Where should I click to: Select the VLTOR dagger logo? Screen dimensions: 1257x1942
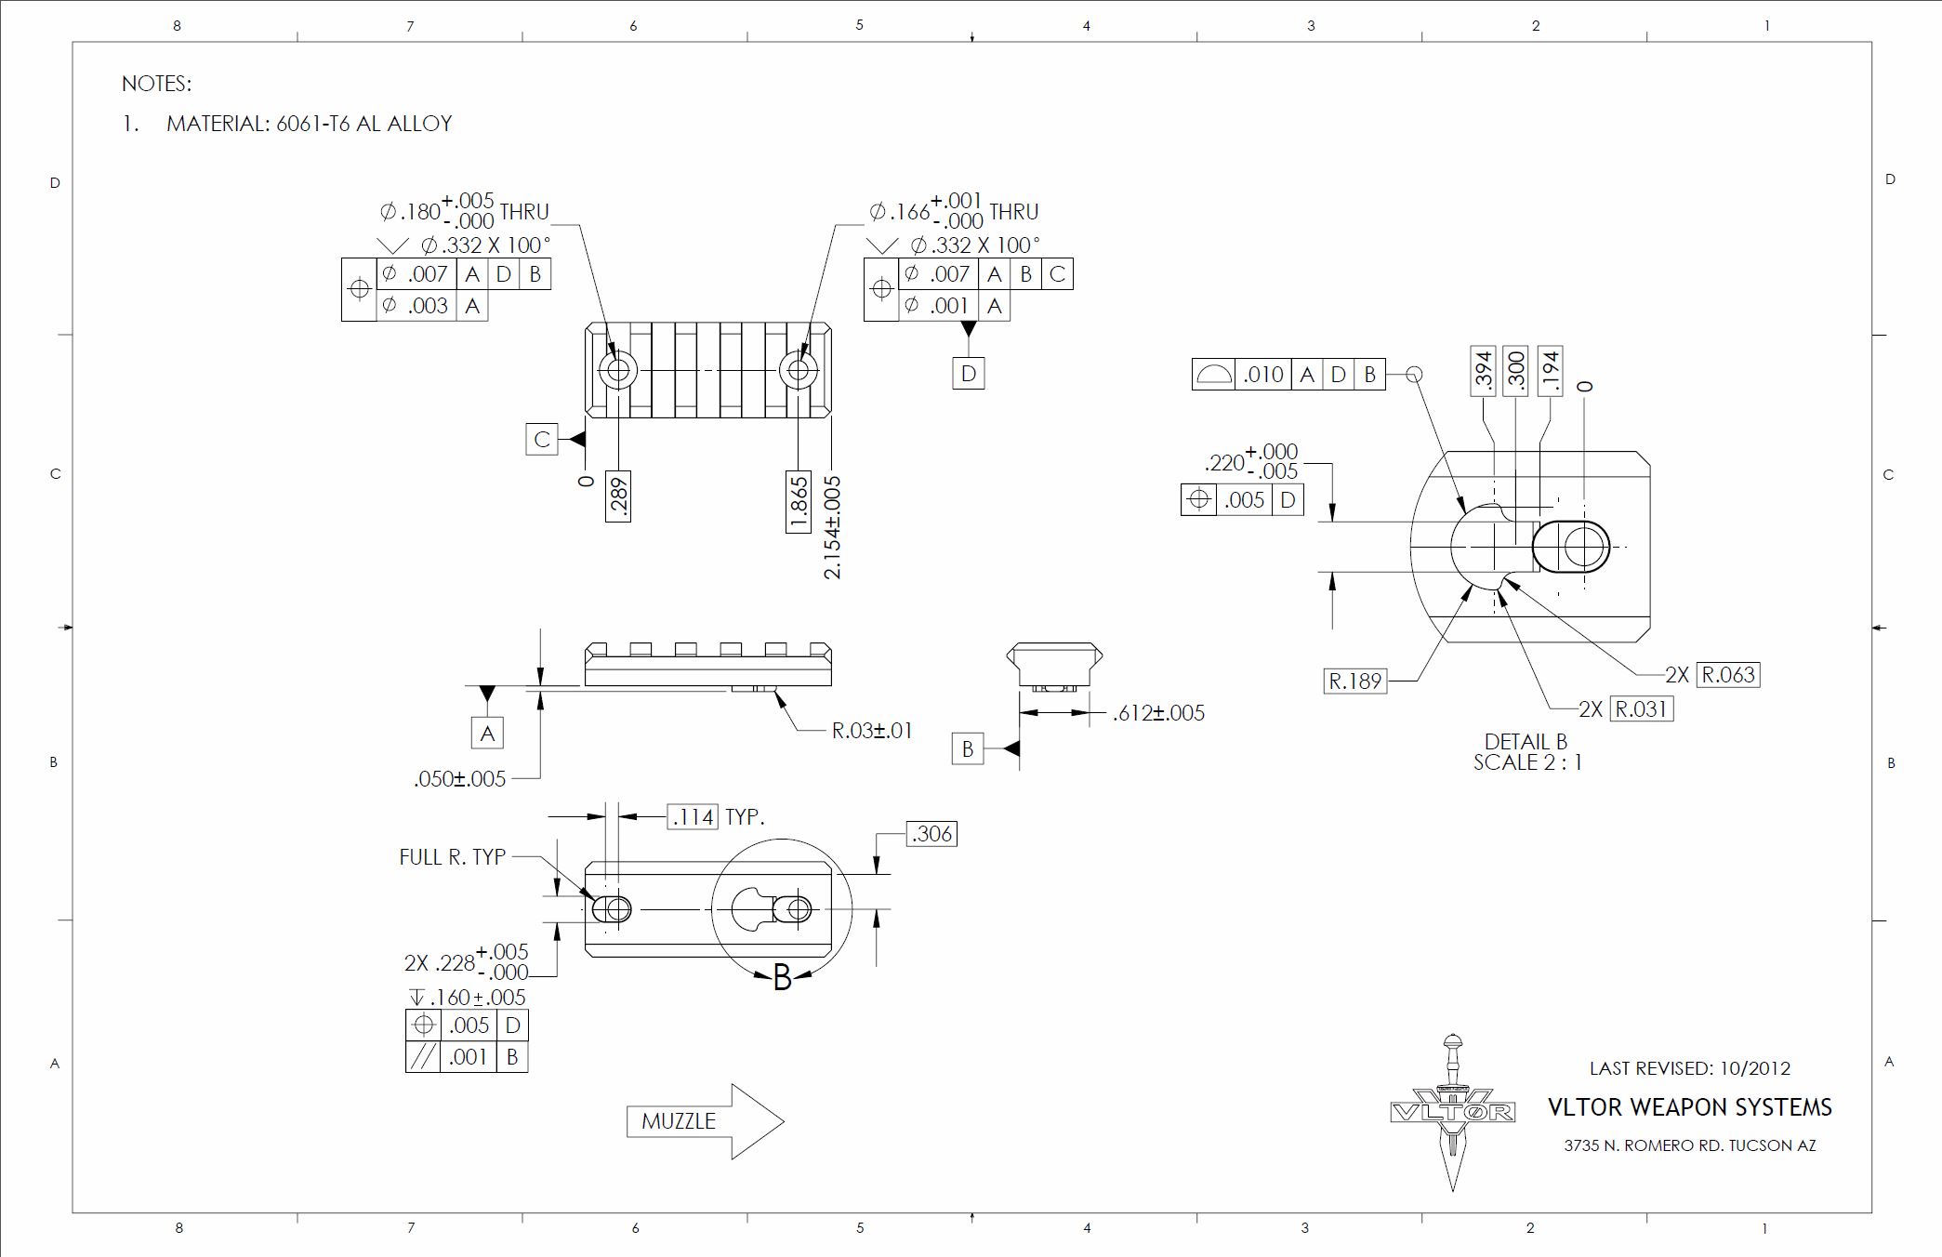[1452, 1112]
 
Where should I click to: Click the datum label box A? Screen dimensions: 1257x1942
[487, 734]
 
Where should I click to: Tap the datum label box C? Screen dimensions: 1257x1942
[542, 439]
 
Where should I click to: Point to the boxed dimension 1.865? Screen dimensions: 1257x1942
[799, 502]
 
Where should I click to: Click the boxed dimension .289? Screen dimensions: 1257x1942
[618, 496]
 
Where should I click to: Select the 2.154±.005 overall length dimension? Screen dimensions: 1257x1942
[832, 527]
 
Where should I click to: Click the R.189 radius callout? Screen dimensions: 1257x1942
[1355, 681]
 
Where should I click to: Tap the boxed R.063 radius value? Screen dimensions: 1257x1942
[1728, 675]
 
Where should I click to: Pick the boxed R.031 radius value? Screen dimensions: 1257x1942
[1642, 709]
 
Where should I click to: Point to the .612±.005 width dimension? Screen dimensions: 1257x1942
[1158, 713]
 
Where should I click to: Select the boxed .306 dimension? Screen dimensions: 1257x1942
[931, 834]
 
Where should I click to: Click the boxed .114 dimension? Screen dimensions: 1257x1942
[693, 817]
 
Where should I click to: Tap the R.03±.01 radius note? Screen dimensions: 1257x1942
[872, 731]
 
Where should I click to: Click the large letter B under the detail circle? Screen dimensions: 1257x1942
[782, 977]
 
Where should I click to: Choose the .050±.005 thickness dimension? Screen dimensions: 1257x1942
[460, 779]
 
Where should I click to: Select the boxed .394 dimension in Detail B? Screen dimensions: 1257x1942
[1484, 371]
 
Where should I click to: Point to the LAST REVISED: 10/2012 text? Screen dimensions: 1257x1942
[1689, 1068]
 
